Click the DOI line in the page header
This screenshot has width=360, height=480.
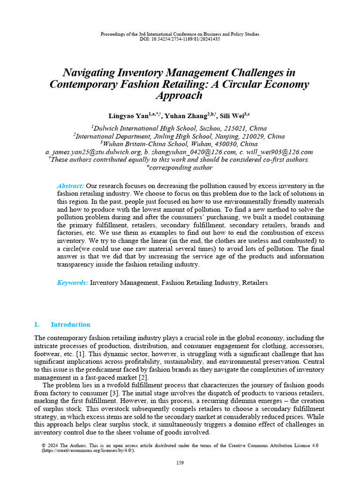tap(180, 39)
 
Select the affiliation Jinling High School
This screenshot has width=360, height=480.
tap(187, 136)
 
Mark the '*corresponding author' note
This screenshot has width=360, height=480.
tap(180, 167)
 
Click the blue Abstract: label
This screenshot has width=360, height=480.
tap(70, 186)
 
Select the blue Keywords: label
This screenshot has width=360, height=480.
tap(72, 283)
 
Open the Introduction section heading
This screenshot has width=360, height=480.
tap(70, 324)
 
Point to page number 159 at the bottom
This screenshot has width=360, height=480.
tap(180, 463)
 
